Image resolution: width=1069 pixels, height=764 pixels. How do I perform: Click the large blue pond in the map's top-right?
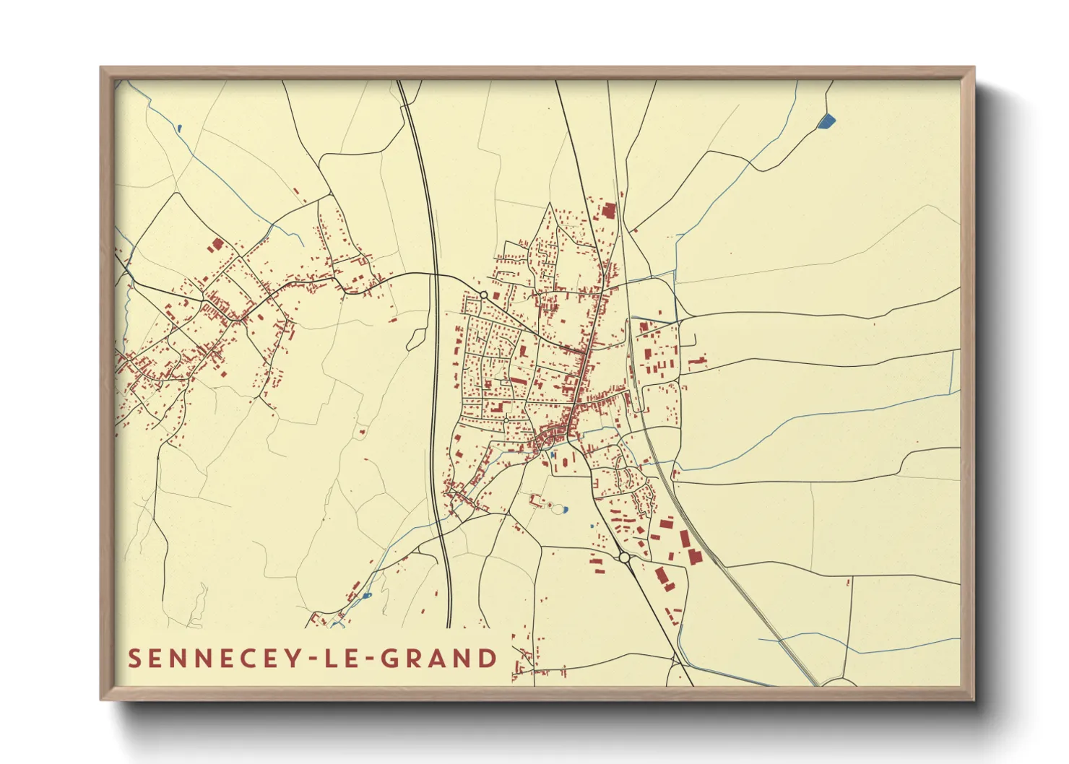tap(826, 121)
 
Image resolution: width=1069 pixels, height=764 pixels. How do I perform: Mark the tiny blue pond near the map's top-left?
tap(178, 129)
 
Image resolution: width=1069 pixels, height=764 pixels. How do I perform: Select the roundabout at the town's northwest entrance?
tap(483, 295)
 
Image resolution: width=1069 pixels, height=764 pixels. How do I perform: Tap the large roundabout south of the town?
tap(624, 557)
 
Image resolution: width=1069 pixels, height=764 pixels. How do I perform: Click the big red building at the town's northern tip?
tap(608, 211)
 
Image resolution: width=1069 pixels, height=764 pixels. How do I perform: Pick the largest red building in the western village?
tap(216, 246)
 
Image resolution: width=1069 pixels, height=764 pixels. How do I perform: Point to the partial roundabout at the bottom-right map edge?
tap(838, 682)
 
